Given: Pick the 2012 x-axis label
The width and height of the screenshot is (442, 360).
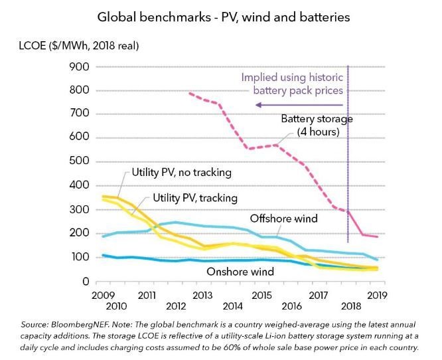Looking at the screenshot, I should [x=176, y=307].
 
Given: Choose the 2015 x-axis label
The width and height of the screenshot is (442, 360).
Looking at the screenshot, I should [x=262, y=294].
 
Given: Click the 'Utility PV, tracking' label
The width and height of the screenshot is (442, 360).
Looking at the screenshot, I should [x=195, y=198].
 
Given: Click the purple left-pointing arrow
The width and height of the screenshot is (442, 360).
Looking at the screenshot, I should [x=299, y=105].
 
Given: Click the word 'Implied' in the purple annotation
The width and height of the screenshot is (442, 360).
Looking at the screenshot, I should [x=259, y=76].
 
